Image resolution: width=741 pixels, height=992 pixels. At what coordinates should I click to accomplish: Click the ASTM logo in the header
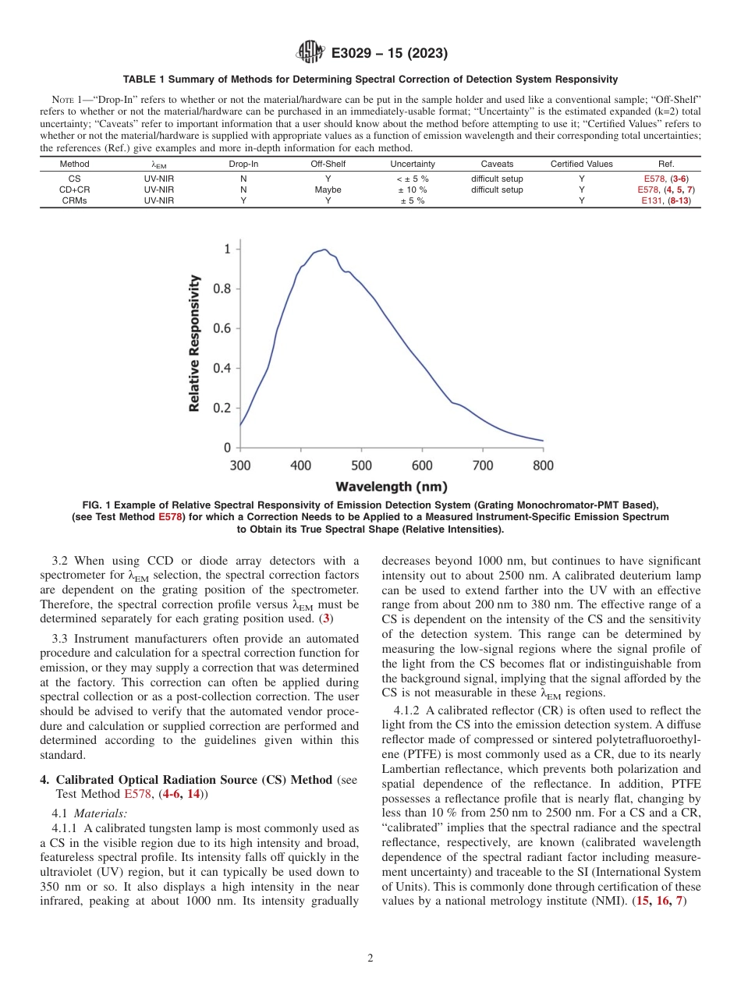pyautogui.click(x=311, y=54)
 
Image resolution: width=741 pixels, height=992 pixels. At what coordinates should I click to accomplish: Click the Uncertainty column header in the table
pyautogui.click(x=413, y=164)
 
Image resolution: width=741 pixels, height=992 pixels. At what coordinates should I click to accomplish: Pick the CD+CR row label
pyautogui.click(x=75, y=190)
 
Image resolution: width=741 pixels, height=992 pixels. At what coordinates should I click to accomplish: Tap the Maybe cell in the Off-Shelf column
pyautogui.click(x=328, y=190)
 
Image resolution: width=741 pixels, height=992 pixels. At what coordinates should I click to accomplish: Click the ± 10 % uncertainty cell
pyautogui.click(x=413, y=190)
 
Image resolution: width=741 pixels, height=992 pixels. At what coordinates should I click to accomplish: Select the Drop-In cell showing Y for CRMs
pyautogui.click(x=243, y=200)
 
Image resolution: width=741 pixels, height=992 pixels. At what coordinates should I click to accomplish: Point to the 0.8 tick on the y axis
pyautogui.click(x=222, y=289)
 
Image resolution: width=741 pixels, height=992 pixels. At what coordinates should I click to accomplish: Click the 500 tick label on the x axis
pyautogui.click(x=361, y=466)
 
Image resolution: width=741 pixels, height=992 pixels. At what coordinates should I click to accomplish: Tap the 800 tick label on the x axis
pyautogui.click(x=543, y=466)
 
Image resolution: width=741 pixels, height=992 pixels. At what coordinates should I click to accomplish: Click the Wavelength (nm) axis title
pyautogui.click(x=392, y=487)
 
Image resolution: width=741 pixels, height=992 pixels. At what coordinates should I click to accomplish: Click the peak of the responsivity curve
pyautogui.click(x=324, y=250)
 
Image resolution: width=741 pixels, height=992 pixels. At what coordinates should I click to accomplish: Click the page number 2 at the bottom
pyautogui.click(x=370, y=958)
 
